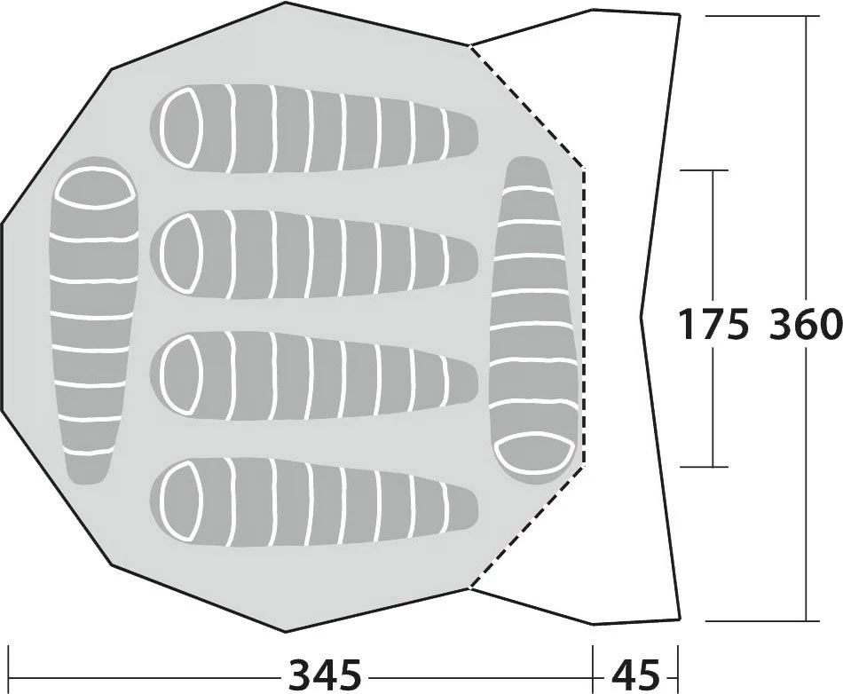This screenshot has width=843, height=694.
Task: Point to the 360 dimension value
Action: [805, 324]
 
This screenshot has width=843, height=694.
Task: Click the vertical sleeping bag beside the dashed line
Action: [535, 319]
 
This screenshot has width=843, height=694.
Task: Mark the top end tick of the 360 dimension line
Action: [806, 16]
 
